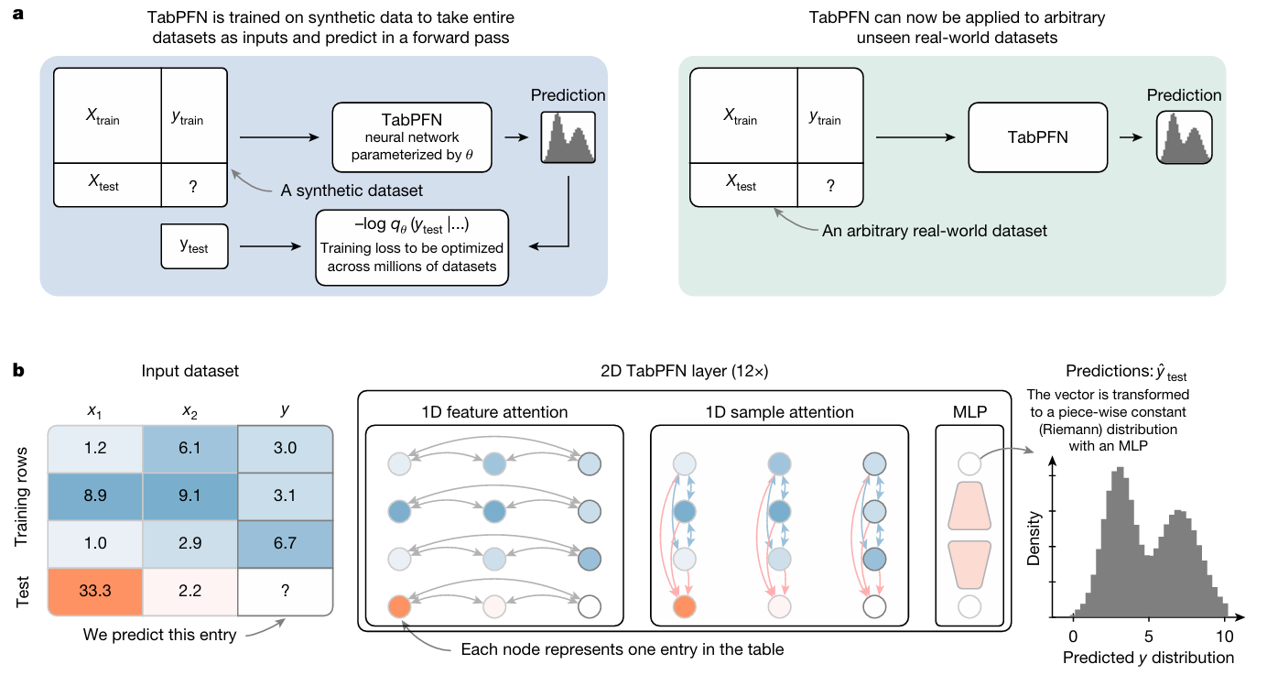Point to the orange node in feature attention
click(x=399, y=605)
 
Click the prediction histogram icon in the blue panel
click(x=569, y=138)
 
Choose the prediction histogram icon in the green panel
click(x=1184, y=138)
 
